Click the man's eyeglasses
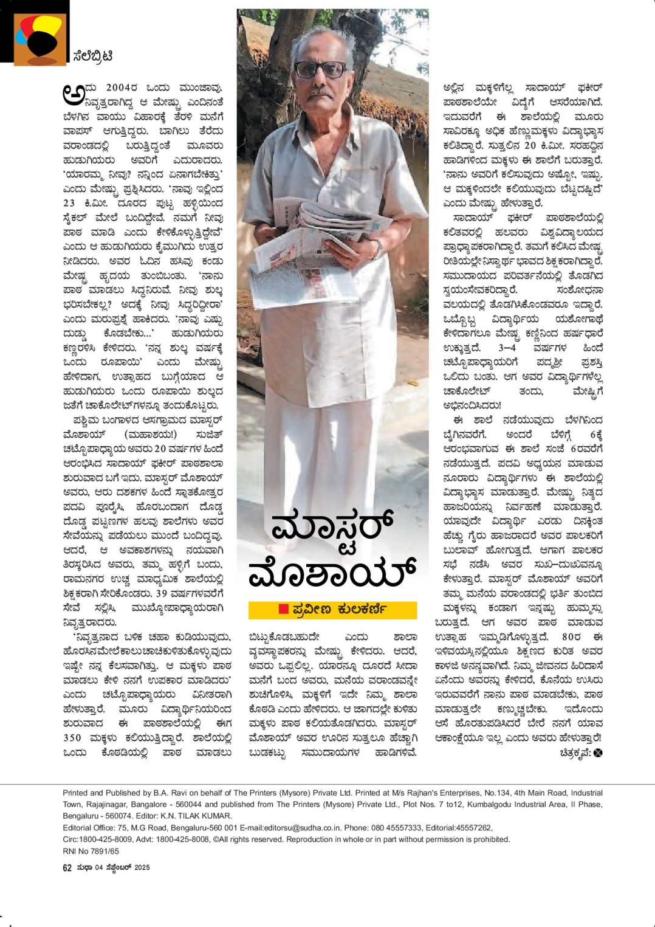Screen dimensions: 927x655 (320, 69)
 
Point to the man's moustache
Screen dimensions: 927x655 (320, 94)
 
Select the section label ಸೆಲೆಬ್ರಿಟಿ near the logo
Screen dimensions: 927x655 (92, 57)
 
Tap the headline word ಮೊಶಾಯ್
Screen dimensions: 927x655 (332, 573)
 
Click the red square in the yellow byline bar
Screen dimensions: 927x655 (283, 609)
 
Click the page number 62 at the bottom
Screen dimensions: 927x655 (67, 867)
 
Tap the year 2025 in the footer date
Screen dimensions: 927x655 (142, 867)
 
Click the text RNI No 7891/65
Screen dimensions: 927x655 (91, 851)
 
